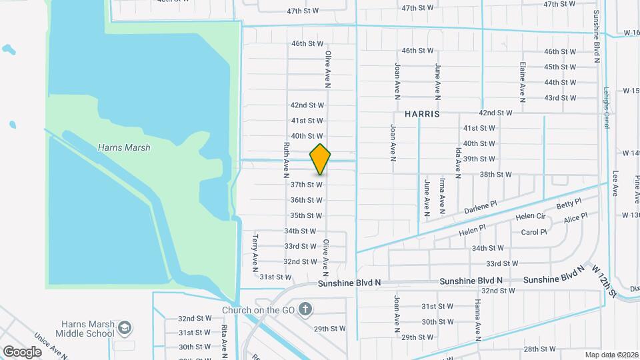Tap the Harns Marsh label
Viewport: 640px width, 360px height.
click(123, 148)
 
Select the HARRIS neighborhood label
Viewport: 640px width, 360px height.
click(421, 114)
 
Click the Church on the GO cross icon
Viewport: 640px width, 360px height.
click(305, 309)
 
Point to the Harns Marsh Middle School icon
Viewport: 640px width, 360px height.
click(124, 328)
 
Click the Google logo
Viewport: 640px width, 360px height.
click(22, 351)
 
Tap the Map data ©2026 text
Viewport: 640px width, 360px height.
click(611, 355)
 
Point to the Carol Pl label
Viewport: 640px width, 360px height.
click(534, 233)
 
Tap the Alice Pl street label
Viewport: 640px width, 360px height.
click(575, 217)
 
